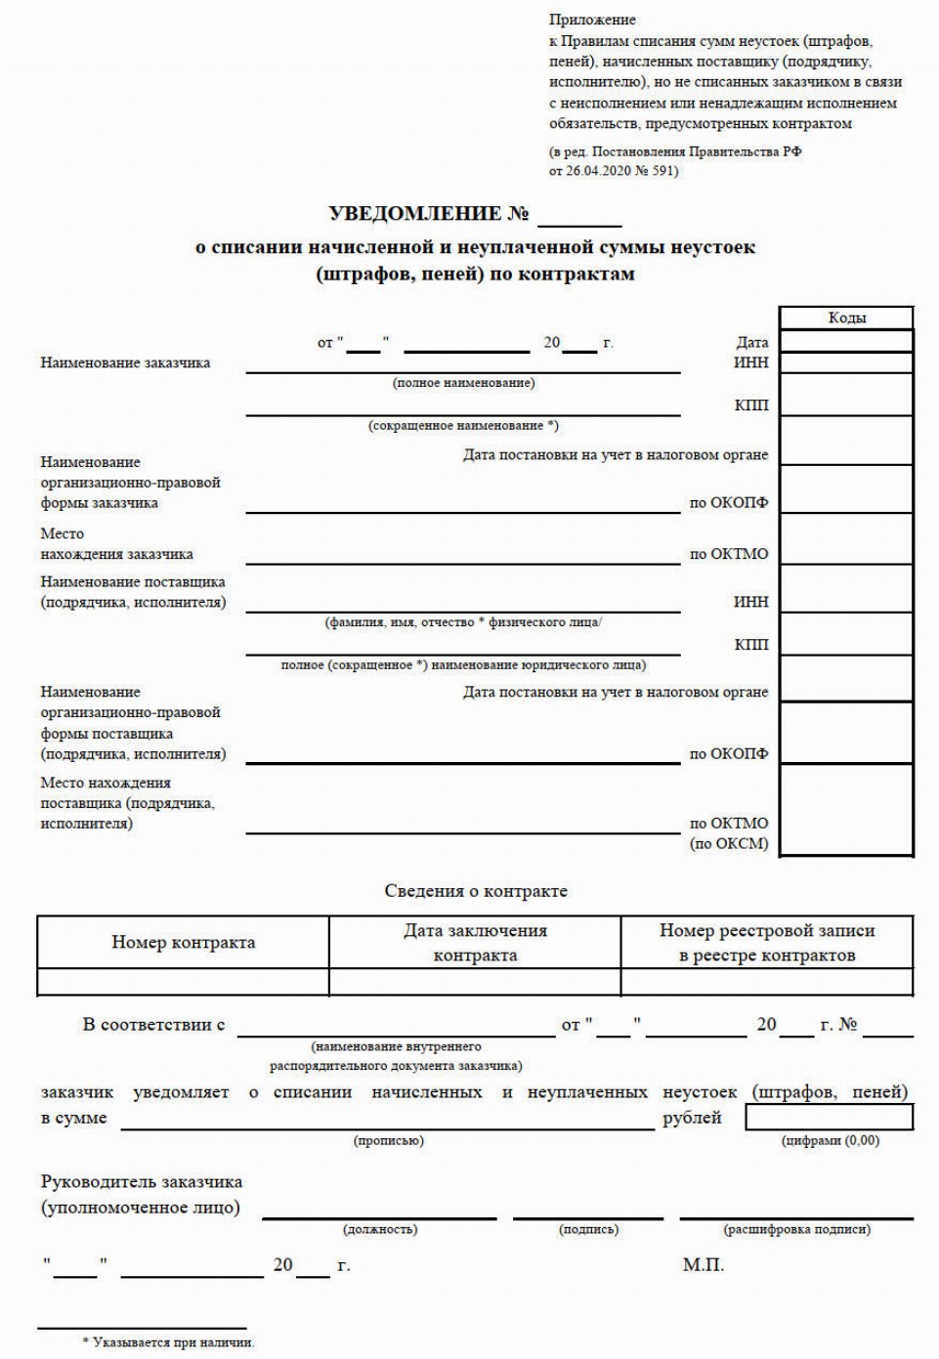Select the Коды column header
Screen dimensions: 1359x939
[x=846, y=318]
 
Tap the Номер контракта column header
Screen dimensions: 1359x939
[x=183, y=943]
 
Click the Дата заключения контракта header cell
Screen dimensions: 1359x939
[x=475, y=943]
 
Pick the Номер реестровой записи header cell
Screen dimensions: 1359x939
[x=767, y=943]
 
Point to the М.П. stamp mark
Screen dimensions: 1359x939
[x=703, y=1265]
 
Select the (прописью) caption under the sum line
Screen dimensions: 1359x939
[x=389, y=1140]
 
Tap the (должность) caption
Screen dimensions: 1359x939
[x=380, y=1229]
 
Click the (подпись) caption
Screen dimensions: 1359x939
[x=588, y=1229]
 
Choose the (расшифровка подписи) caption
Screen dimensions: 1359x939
[x=796, y=1229]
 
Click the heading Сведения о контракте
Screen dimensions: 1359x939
[x=476, y=891]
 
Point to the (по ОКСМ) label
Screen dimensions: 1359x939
[x=729, y=843]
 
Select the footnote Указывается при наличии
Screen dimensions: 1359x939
[x=173, y=1342]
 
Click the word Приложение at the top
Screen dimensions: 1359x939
[x=592, y=20]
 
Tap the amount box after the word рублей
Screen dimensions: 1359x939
[x=830, y=1117]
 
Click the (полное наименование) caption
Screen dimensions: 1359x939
[x=463, y=383]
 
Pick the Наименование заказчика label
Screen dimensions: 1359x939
[x=125, y=362]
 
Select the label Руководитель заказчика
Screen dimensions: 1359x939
[x=142, y=1182]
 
